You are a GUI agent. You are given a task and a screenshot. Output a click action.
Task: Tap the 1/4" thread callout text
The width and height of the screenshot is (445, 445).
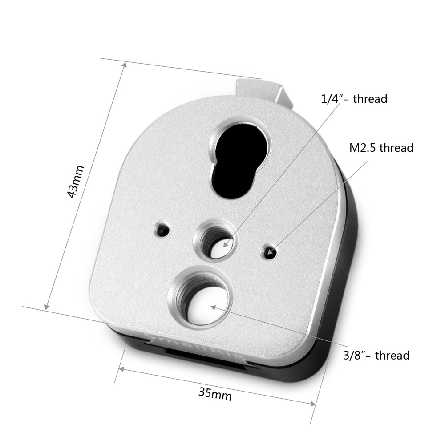pyautogui.click(x=354, y=98)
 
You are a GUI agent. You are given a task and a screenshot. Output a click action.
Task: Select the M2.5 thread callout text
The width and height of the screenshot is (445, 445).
pyautogui.click(x=381, y=148)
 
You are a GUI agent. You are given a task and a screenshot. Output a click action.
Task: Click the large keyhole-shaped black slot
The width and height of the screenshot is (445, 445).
pyautogui.click(x=241, y=160)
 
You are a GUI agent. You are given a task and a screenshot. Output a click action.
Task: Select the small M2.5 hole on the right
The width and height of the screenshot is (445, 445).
pyautogui.click(x=270, y=252)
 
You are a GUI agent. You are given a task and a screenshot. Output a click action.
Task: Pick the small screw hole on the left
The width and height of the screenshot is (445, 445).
pyautogui.click(x=162, y=230)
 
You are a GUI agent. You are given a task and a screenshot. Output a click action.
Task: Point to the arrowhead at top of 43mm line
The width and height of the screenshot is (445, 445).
pyautogui.click(x=124, y=65)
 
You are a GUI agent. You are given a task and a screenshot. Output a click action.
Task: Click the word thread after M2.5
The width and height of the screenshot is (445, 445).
pyautogui.click(x=396, y=148)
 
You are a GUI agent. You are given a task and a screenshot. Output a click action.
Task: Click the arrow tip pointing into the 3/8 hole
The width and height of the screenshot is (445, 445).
pyautogui.click(x=212, y=306)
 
